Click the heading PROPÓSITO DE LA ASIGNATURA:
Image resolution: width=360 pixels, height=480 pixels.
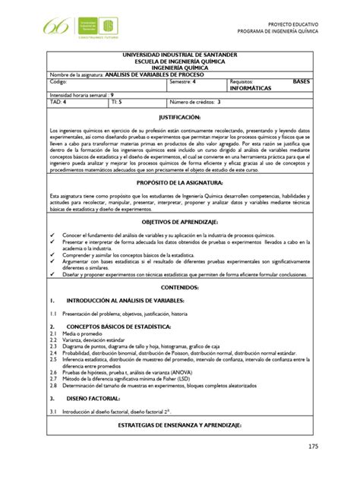tap(178, 183)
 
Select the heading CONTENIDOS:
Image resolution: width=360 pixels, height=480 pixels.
tap(178, 288)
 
